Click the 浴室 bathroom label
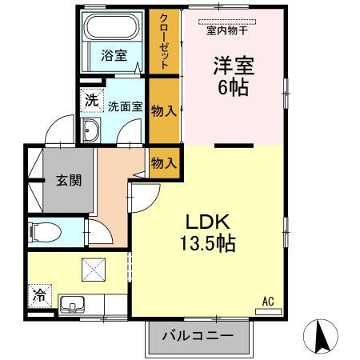pos(114,56)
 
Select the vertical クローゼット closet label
pos(164,42)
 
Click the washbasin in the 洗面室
pos(90,133)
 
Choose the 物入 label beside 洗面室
pos(163,110)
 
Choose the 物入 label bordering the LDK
pos(163,162)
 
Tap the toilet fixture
pos(44,232)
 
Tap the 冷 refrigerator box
pos(38,294)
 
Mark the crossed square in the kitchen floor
pos(90,270)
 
